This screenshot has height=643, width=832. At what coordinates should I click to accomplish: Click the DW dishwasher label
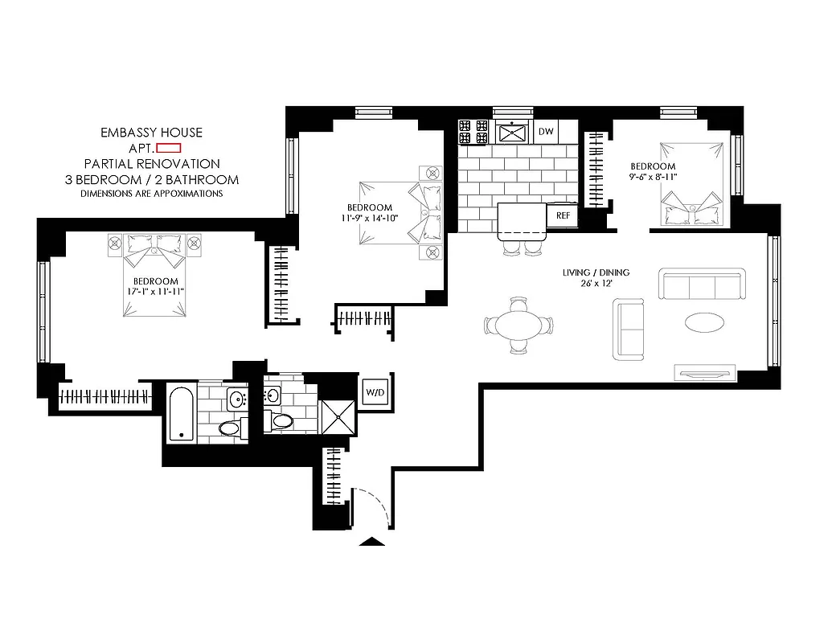547,131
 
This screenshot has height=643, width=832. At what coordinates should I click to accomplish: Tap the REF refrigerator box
563,215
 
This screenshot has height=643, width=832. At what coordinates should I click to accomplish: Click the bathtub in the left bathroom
181,413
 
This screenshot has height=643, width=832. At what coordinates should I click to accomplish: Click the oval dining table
518,326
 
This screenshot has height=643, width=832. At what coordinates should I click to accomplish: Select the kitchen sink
511,131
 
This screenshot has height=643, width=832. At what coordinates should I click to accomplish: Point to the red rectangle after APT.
169,148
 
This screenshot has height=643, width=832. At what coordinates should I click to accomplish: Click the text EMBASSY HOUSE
151,133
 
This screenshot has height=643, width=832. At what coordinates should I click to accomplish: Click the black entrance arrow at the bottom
371,543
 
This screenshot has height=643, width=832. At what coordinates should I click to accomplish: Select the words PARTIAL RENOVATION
151,164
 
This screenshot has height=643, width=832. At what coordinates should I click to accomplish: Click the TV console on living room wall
705,372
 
